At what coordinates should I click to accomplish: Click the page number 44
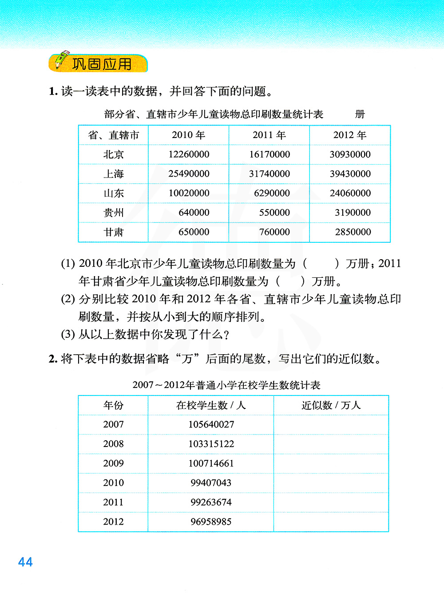[25, 562]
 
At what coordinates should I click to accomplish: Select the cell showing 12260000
[189, 154]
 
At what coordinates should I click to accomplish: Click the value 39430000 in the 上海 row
[350, 174]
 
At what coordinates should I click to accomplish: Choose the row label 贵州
[114, 213]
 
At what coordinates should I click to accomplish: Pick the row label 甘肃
[114, 232]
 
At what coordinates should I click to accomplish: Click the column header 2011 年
[269, 135]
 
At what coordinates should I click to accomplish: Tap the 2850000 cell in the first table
[353, 232]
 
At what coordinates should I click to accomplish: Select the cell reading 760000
[274, 232]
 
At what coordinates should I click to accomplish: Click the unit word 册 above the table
[360, 115]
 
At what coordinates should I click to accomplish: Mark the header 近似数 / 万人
[331, 405]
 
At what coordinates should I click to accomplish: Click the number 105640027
[211, 425]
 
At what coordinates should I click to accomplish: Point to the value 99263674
[211, 502]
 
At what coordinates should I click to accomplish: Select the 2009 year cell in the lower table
[113, 463]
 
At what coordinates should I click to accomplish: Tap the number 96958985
[211, 522]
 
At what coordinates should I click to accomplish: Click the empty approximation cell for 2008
[331, 444]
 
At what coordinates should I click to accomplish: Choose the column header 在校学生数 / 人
[211, 405]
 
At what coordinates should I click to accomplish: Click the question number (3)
[68, 334]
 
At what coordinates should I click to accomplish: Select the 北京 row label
[114, 154]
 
